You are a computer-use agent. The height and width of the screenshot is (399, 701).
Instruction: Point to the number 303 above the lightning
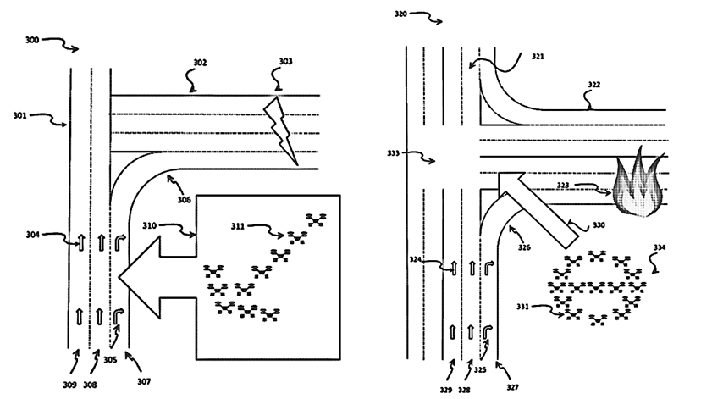coord(285,63)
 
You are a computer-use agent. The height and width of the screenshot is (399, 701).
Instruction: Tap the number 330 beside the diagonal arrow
coord(599,225)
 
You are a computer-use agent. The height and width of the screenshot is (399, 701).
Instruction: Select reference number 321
coord(538,57)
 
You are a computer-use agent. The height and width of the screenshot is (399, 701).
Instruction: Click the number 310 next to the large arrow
coord(150,226)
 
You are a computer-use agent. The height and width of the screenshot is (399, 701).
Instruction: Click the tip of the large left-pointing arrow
coord(120,277)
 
